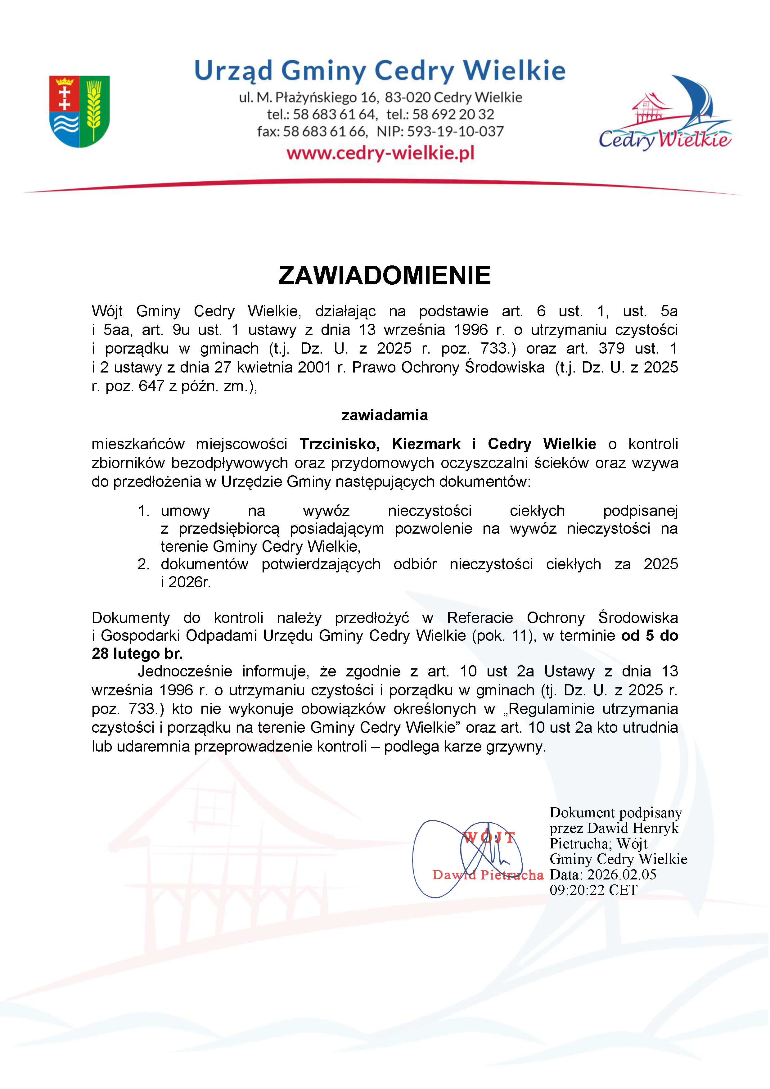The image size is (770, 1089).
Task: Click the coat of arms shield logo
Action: point(80,111)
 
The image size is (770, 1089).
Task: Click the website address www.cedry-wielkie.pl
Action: point(380,153)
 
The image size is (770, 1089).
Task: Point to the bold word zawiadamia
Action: point(385,415)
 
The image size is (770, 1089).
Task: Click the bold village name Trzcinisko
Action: point(339,444)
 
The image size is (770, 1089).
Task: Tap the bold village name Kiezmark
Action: point(426,444)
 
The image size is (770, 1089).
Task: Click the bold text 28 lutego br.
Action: point(137,653)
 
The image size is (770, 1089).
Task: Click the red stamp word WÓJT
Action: point(489,838)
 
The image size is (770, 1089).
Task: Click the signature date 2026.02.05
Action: point(622,874)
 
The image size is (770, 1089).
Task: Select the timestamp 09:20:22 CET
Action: point(594,890)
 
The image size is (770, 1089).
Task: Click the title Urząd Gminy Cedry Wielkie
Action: point(380,71)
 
